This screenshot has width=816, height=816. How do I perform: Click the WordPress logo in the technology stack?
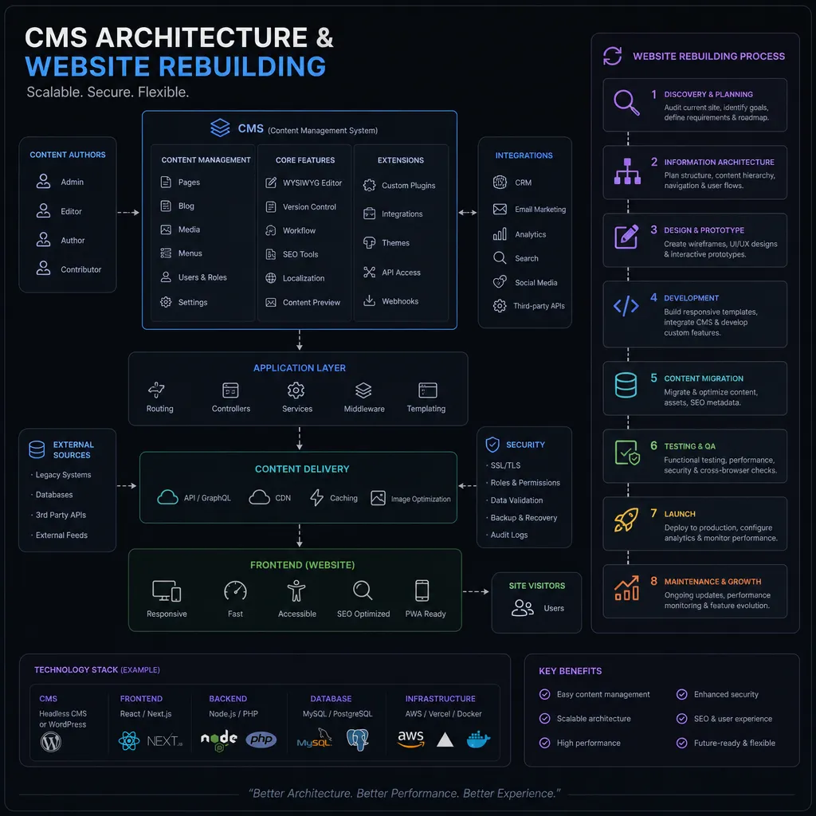[x=51, y=742]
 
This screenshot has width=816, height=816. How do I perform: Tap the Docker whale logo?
[x=478, y=739]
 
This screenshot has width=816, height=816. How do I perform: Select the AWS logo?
[x=410, y=739]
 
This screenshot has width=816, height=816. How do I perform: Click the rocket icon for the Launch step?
[x=626, y=520]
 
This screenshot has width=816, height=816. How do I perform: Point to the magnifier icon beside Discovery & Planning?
[x=626, y=102]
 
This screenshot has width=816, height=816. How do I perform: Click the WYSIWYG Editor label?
[x=312, y=182]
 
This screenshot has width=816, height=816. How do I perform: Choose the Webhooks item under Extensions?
[x=400, y=301]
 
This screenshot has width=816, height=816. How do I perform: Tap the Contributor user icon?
[x=44, y=268]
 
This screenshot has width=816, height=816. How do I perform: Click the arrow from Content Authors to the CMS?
[x=128, y=212]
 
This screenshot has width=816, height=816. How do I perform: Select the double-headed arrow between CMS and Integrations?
[x=467, y=212]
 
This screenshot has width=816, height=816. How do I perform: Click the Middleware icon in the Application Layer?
[x=363, y=390]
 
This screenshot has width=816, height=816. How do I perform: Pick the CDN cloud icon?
[x=259, y=497]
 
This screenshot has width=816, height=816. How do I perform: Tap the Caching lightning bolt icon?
[x=316, y=497]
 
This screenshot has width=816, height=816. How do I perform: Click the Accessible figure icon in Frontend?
[x=296, y=591]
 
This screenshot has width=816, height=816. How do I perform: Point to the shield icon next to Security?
[x=492, y=445]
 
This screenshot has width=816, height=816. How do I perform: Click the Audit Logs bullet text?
[x=509, y=535]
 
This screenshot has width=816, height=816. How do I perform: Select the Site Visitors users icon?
[x=523, y=607]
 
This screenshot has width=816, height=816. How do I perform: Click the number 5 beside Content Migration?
[x=653, y=378]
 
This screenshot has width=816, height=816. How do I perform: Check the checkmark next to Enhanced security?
[x=682, y=694]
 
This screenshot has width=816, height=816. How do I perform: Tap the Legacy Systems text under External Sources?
[x=63, y=475]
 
